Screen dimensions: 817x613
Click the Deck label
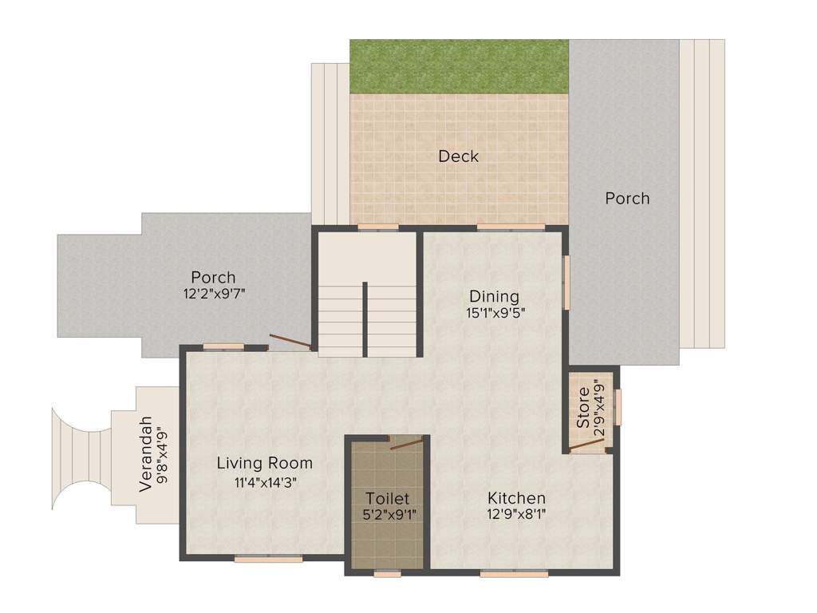[x=458, y=156]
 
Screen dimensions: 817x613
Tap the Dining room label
[x=494, y=297]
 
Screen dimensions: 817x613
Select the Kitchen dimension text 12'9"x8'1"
[x=516, y=515]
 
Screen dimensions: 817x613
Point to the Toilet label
[x=387, y=498]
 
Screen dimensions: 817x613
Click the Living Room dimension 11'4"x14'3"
[x=265, y=483]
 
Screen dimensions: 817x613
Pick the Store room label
[x=583, y=407]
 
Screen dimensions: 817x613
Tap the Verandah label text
[x=146, y=454]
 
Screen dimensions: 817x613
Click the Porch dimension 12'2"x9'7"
[x=214, y=294]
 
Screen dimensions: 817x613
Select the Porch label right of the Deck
[x=627, y=198]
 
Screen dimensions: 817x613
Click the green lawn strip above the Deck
[x=459, y=67]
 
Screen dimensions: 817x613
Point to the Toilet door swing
[x=406, y=444]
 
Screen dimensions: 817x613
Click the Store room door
[x=586, y=445]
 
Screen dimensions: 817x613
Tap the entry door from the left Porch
[x=290, y=341]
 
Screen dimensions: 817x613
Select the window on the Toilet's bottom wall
[x=388, y=574]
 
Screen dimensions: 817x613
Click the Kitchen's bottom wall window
[x=514, y=574]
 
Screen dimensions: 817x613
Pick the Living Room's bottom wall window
[x=268, y=560]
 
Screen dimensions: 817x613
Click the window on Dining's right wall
[x=566, y=282]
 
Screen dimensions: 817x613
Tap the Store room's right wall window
[x=618, y=407]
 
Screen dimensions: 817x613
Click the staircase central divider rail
[x=365, y=319]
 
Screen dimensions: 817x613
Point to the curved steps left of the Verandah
[x=81, y=459]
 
